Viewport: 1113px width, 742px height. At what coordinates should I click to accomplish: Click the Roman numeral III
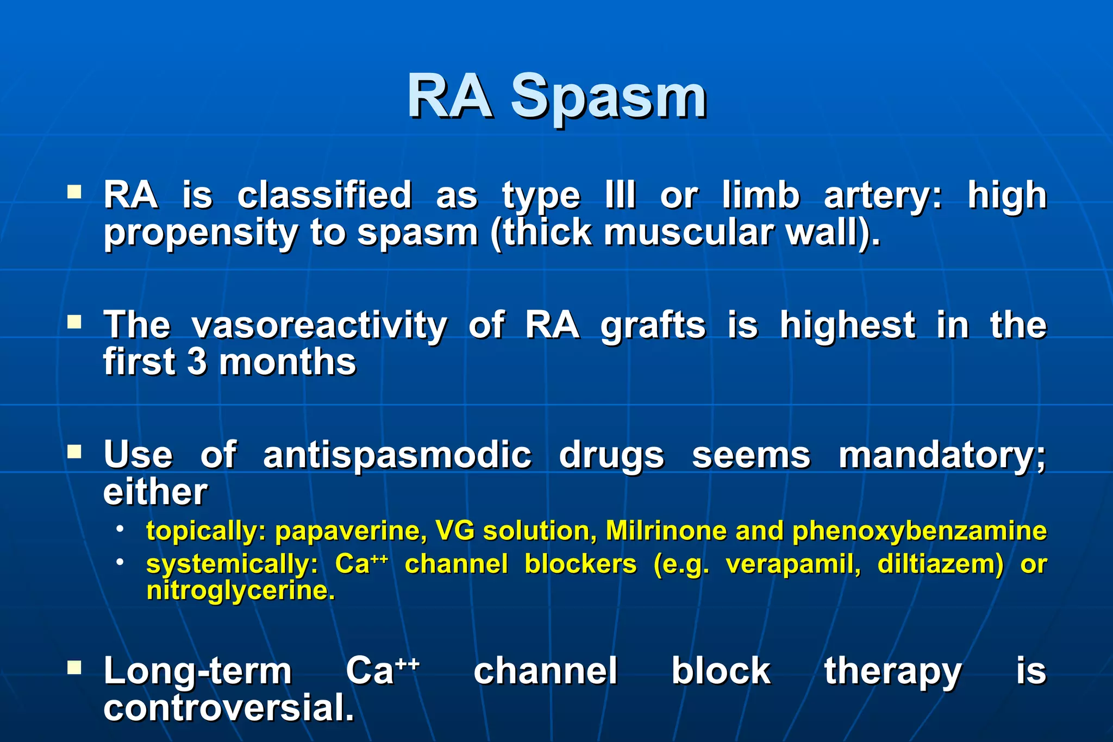(620, 195)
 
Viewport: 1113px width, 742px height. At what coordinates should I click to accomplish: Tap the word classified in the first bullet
(324, 195)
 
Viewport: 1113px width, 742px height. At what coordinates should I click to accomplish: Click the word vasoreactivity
(319, 325)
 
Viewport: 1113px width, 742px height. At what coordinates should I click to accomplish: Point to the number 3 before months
(197, 362)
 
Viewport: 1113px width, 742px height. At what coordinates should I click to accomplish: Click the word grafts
(653, 325)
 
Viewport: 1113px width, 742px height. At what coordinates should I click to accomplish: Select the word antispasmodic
(397, 455)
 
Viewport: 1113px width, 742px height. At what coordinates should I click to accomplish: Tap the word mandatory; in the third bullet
(942, 455)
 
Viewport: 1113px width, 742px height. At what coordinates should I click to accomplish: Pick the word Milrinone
(666, 531)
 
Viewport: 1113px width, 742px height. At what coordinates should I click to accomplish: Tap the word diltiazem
(940, 564)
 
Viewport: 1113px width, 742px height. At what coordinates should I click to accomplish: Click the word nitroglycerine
(240, 591)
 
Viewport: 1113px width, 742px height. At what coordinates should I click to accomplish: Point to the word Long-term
(198, 671)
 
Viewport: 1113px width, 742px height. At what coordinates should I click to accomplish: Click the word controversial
(228, 708)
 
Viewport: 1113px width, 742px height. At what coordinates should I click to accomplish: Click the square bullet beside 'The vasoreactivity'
(74, 323)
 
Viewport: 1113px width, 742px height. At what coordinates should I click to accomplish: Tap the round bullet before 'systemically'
(120, 562)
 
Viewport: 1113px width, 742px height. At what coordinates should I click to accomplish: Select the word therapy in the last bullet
(892, 671)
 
